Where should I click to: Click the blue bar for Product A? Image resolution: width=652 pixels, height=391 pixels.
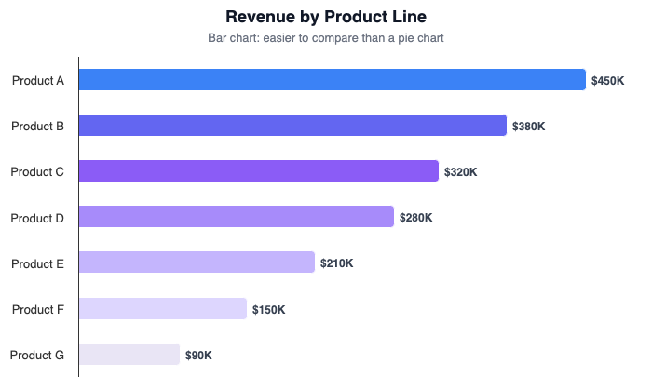tap(332, 80)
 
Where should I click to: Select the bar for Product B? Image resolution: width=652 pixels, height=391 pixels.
tap(292, 126)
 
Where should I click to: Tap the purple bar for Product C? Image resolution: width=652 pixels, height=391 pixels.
tap(258, 171)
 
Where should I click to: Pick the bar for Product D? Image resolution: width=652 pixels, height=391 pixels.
tap(236, 217)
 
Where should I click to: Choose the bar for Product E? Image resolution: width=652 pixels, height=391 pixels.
tap(197, 263)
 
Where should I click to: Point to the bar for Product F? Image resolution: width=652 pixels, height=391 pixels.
tap(162, 309)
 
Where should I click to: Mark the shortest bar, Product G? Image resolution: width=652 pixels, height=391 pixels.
tap(129, 355)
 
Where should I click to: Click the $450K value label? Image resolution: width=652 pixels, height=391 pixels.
tap(607, 81)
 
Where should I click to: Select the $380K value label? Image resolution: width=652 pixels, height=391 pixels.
tap(528, 127)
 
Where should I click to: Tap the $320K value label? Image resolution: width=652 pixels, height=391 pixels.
tap(460, 172)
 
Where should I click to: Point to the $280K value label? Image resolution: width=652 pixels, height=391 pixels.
tap(415, 218)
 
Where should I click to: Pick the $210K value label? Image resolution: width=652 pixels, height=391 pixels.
tap(336, 263)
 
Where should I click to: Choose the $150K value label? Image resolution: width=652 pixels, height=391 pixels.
tap(268, 310)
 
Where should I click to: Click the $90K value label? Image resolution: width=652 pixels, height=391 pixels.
tap(198, 356)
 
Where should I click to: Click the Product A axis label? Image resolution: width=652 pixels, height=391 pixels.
tap(38, 81)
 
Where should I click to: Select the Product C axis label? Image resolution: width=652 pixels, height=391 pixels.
tap(38, 172)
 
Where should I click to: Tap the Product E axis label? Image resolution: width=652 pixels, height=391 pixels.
tap(38, 263)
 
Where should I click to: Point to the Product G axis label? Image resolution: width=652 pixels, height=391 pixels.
tap(38, 356)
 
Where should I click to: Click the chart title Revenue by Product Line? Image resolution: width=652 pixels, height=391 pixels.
tap(326, 17)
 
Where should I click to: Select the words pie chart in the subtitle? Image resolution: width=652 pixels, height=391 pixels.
tap(419, 38)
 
